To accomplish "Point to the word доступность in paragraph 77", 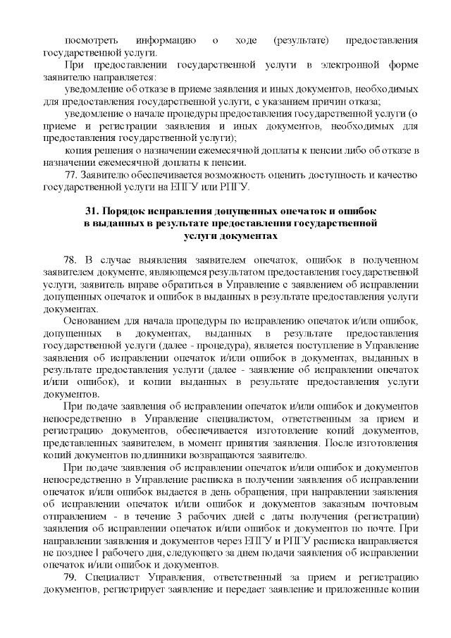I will [x=318, y=176].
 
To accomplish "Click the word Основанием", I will [x=91, y=322].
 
